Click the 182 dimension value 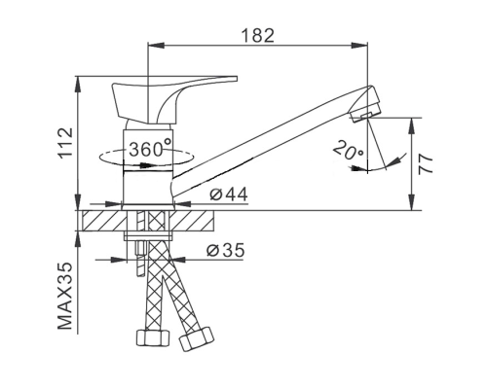(258, 35)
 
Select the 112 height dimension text (66, 143)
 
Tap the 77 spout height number (426, 164)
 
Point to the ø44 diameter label (229, 194)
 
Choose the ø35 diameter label (225, 250)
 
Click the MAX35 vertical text (65, 296)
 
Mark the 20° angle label (349, 150)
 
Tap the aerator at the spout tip (367, 104)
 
